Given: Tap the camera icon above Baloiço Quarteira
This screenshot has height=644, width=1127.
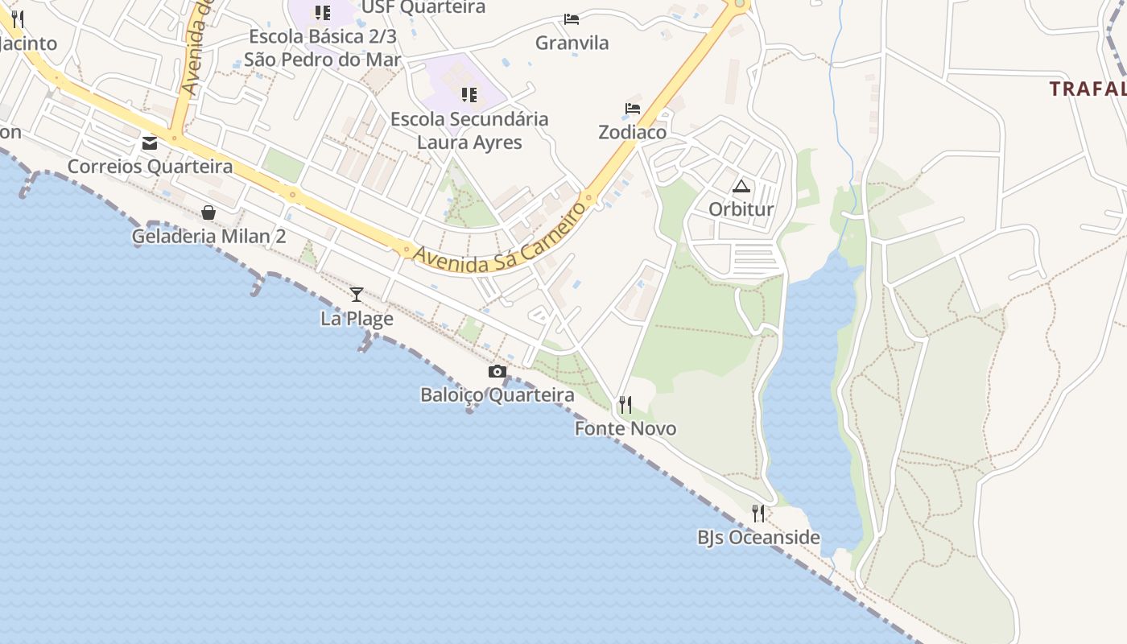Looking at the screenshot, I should (x=497, y=371).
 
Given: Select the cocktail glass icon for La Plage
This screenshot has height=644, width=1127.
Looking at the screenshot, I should (x=357, y=295).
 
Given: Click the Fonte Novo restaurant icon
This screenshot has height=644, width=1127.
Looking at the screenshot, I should (x=625, y=404).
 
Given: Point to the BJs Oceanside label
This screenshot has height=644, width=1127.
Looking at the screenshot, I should (x=758, y=537).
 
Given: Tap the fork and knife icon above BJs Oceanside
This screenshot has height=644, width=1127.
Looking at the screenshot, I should (x=758, y=513).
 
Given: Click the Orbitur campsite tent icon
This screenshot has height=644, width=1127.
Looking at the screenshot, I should (x=741, y=187).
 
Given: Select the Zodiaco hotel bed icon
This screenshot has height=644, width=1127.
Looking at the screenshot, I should (x=633, y=109).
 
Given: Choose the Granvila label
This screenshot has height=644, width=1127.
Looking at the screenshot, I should (x=572, y=43).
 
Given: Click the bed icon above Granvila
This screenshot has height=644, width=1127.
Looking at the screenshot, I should (x=572, y=19).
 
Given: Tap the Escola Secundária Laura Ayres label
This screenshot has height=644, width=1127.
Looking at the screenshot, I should (x=469, y=130).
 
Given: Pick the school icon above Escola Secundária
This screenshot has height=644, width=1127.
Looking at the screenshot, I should (x=469, y=95).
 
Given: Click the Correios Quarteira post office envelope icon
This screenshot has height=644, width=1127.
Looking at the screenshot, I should (x=150, y=143).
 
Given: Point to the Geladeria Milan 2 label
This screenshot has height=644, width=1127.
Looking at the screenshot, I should (x=208, y=236).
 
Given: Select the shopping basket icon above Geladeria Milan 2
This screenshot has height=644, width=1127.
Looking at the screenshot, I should (x=208, y=213).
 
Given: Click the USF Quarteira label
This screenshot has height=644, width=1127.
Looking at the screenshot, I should (x=423, y=7).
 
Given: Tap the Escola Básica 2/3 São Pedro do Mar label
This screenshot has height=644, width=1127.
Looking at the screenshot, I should (x=323, y=47).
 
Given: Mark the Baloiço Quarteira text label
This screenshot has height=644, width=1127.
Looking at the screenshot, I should (x=497, y=394).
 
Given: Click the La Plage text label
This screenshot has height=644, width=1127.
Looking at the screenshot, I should (x=357, y=318).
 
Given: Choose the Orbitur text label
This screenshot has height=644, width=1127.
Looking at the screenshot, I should (x=741, y=209).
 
